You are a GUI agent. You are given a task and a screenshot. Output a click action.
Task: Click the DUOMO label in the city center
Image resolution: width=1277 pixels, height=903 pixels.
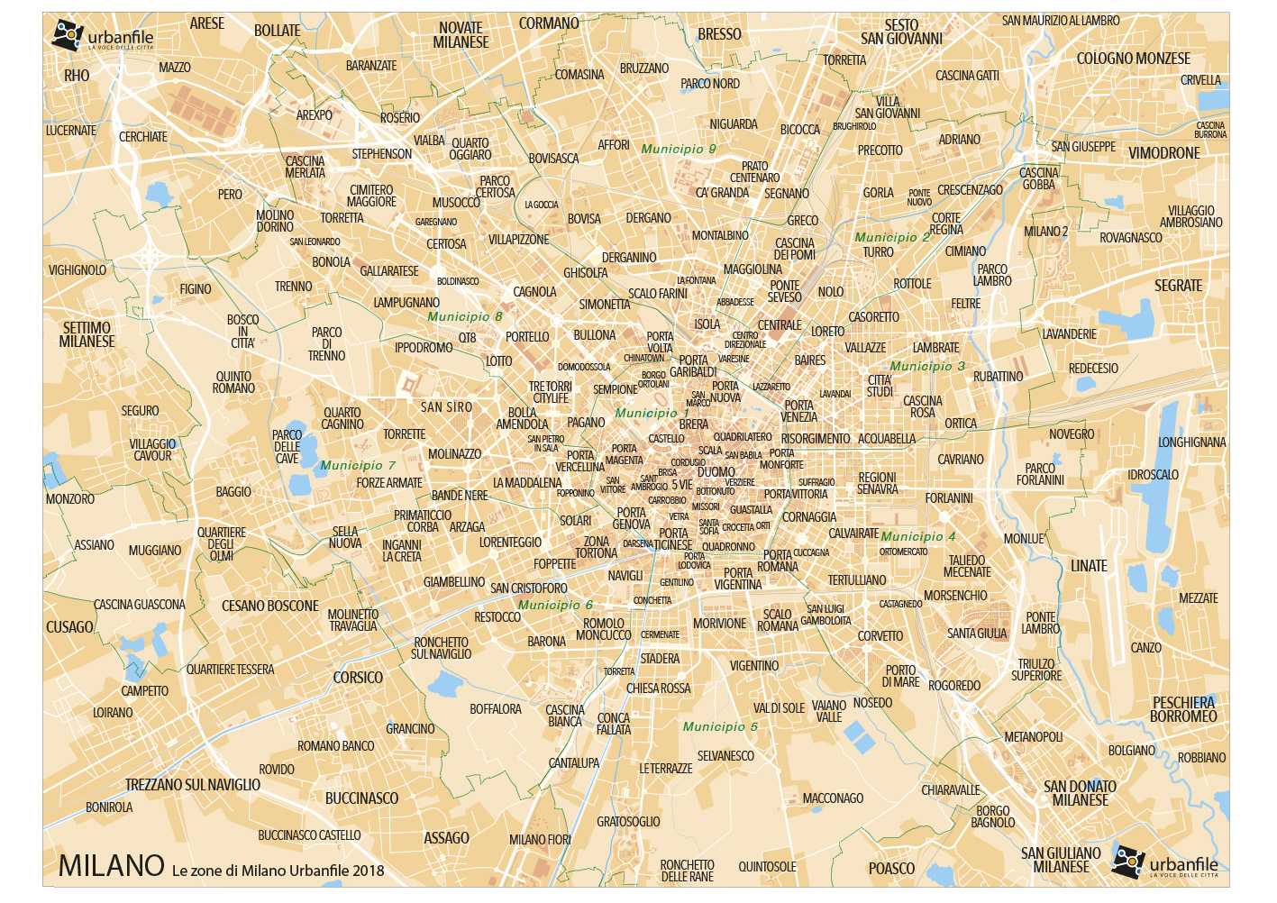point(716,471)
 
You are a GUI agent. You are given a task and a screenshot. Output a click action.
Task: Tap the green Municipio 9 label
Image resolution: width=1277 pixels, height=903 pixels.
point(679,149)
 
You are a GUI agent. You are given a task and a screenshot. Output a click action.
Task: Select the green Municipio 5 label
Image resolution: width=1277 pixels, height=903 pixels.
point(720,726)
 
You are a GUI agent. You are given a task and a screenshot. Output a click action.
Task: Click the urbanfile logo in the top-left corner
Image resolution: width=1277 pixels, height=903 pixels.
point(103,36)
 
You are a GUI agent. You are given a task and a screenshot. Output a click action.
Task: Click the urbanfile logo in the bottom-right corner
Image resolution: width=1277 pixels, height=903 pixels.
point(1165,863)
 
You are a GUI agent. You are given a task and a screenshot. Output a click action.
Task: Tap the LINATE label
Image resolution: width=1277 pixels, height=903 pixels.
point(1089,566)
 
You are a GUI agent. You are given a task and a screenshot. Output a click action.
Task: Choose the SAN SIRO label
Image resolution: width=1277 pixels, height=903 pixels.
point(446,407)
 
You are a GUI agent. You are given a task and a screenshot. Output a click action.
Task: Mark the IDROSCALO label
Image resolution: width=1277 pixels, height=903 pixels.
point(1153,474)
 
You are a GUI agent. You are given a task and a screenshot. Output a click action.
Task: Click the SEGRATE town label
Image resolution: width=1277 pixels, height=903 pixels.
point(1178,286)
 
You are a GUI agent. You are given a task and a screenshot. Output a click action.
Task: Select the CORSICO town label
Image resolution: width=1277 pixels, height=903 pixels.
point(358,678)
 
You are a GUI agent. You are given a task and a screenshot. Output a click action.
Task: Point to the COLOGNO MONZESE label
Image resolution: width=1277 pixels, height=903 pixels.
point(1133,59)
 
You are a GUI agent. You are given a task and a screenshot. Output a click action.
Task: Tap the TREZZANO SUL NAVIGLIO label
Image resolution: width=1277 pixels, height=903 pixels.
point(193,785)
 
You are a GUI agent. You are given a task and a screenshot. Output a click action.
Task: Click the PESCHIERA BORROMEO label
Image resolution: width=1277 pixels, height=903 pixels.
point(1183,709)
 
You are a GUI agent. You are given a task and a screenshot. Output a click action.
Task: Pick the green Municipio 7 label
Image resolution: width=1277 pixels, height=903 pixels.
point(358,465)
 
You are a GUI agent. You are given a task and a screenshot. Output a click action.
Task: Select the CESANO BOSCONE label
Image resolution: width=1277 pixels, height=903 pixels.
point(270,606)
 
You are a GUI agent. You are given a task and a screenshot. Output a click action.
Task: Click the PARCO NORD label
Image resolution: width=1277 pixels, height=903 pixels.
point(710,84)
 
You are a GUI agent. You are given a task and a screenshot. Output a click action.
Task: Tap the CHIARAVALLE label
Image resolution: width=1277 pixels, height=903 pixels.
point(950,790)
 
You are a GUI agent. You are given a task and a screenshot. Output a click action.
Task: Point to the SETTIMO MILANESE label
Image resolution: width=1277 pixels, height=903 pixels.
point(87,334)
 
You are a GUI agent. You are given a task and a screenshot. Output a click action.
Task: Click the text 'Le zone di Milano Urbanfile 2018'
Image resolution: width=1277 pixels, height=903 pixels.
point(278,871)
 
